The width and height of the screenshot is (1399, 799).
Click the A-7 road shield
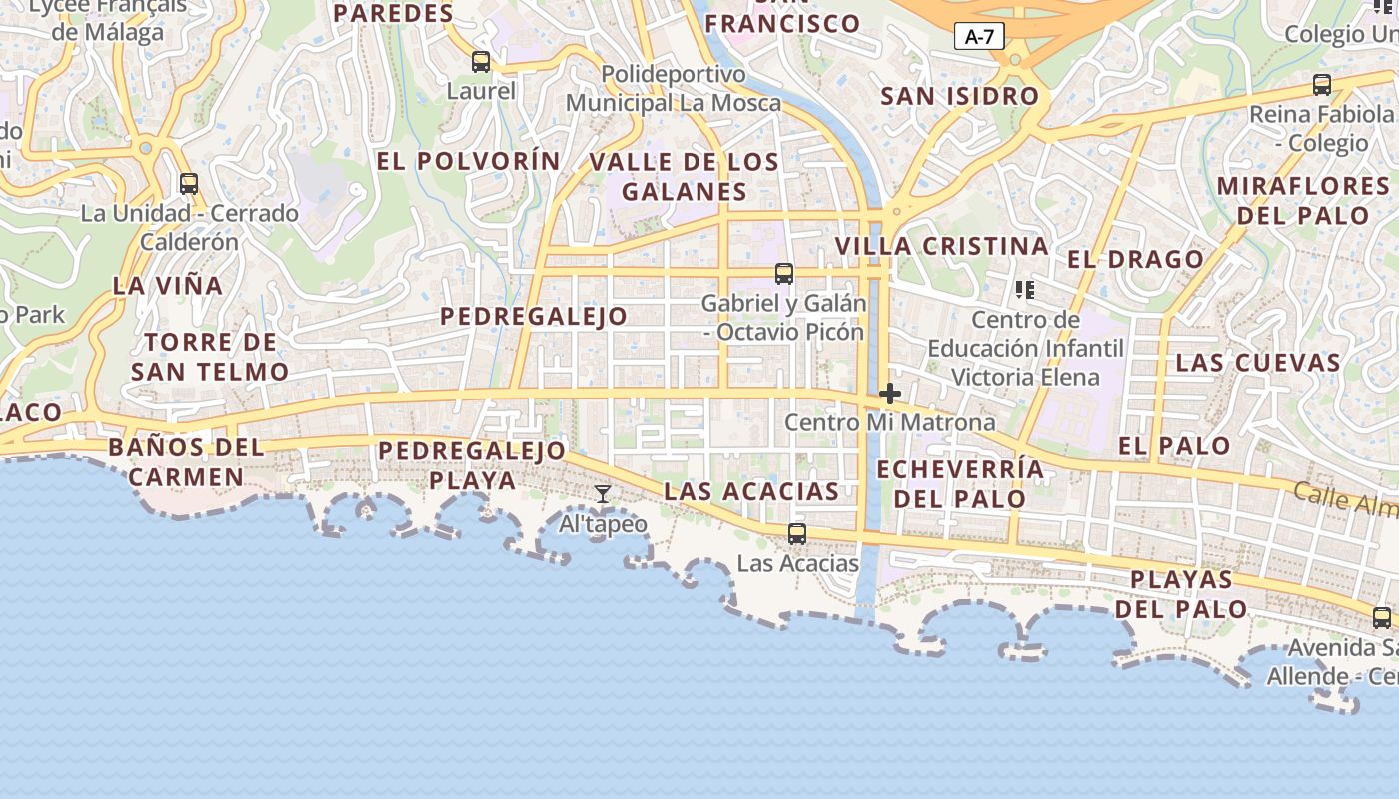point(979,37)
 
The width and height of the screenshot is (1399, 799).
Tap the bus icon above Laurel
point(481,62)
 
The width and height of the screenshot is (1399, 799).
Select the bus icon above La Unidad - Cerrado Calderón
point(188,184)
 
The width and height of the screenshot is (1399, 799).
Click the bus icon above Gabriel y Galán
point(784,273)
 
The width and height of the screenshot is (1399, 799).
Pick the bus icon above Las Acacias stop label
point(796,534)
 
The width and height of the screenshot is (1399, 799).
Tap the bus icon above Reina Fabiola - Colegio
point(1322,85)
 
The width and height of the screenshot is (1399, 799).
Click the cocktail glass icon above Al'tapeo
point(603,494)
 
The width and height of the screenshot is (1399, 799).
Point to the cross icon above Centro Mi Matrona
point(889,394)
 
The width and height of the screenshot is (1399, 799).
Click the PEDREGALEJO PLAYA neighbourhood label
point(472,465)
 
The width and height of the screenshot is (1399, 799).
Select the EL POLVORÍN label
point(469,161)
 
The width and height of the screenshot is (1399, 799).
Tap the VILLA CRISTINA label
point(941,246)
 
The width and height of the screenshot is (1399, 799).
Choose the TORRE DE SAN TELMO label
point(210,357)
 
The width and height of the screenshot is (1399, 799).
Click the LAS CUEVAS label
point(1257,362)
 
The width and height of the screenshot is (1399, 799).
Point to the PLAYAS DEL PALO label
point(1181,594)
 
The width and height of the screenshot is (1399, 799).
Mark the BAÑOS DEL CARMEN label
point(186,461)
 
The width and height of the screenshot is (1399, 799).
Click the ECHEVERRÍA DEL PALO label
point(959,483)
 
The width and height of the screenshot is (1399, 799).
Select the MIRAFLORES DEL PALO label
point(1303,200)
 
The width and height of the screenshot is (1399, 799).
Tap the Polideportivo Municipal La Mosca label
point(674,89)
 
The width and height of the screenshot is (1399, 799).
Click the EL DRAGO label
point(1135,259)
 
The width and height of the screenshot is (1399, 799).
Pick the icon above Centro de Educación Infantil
point(1024,290)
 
